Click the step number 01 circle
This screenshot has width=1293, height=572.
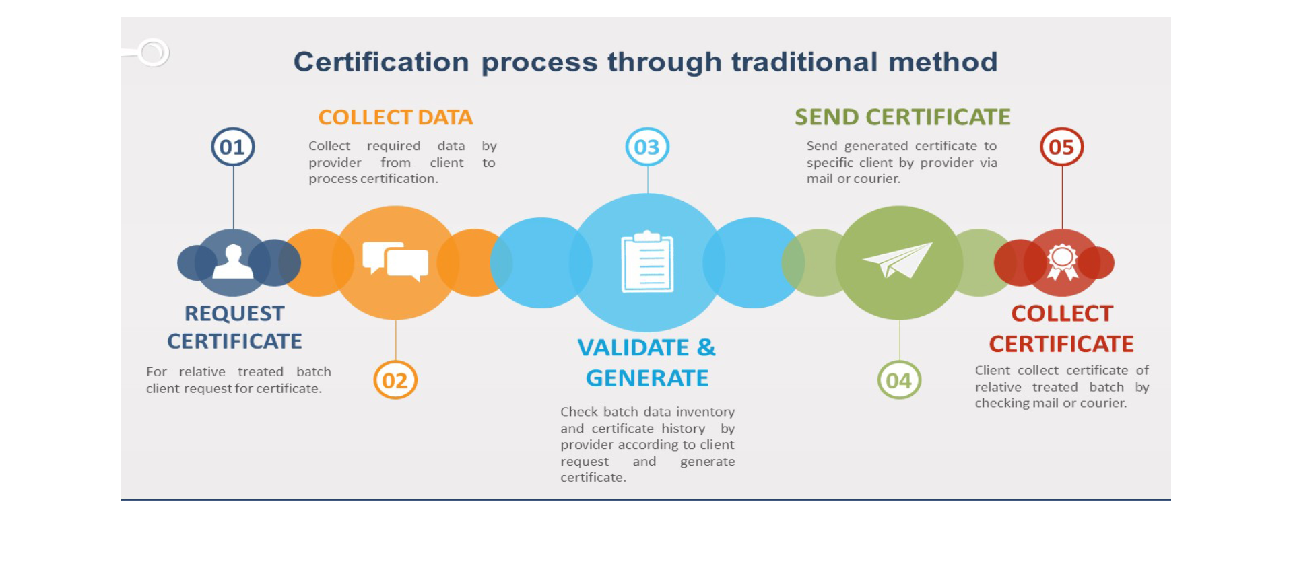[x=232, y=147]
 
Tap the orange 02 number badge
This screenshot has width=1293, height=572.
[x=395, y=380]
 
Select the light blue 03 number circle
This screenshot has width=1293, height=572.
[x=647, y=147]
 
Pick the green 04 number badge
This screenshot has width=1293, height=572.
[x=899, y=380]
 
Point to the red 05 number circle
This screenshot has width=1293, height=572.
[x=1061, y=147]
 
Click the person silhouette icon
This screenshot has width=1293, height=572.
[x=233, y=262]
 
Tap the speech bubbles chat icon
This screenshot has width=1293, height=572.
[x=395, y=262]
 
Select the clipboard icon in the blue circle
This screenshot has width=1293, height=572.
[x=647, y=262]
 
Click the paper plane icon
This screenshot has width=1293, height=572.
[x=898, y=260]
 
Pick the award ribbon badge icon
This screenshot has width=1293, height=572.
[x=1062, y=262]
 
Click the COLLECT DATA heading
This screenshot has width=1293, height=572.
[x=395, y=118]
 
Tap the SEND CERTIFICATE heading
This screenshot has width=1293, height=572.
[x=902, y=117]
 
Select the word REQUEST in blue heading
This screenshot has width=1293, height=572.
[x=234, y=314]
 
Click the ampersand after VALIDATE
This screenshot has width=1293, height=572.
[x=706, y=347]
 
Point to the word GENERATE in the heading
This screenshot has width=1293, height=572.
[x=647, y=378]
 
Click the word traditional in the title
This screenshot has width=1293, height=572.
[x=804, y=62]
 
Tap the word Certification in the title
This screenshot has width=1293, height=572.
[x=381, y=62]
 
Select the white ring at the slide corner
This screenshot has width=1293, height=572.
[x=153, y=52]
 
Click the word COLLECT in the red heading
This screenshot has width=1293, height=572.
[x=1062, y=314]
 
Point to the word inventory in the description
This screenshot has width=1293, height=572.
[x=705, y=412]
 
